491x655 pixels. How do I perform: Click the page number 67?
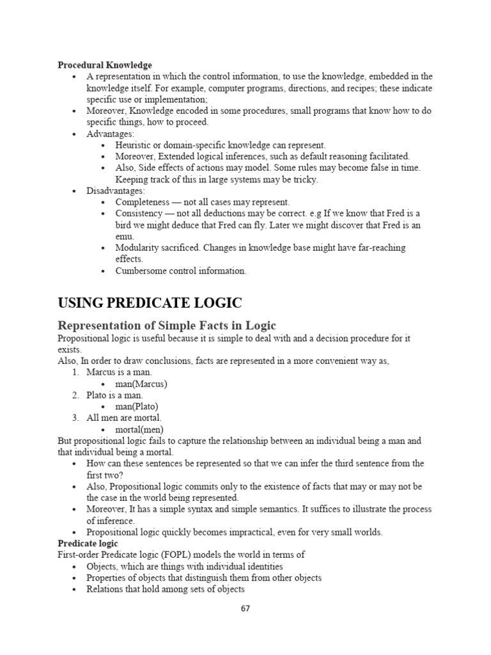coord(245,608)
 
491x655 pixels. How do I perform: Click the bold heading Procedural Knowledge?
coord(105,65)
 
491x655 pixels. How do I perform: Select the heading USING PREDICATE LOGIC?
coord(150,303)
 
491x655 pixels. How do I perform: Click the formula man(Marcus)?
coord(141,384)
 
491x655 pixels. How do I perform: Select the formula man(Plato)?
coord(136,406)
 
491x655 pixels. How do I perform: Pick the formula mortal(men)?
coord(139,429)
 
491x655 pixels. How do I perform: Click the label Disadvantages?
coord(116,191)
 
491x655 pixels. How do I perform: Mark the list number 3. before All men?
coord(75,418)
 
